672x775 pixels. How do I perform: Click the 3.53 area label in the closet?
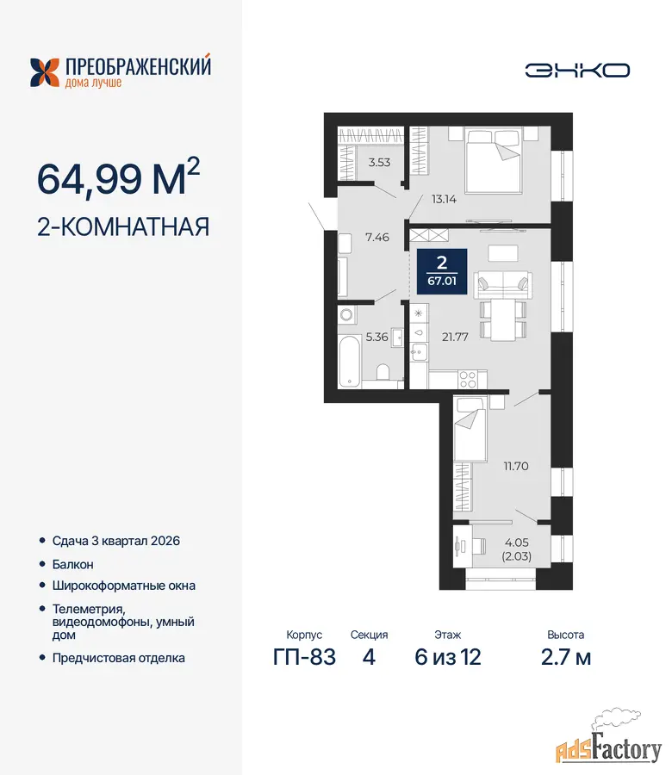pyautogui.click(x=379, y=162)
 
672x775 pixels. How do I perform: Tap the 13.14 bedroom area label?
pyautogui.click(x=444, y=199)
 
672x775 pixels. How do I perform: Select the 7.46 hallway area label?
pyautogui.click(x=377, y=238)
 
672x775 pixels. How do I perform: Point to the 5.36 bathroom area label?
pyautogui.click(x=376, y=337)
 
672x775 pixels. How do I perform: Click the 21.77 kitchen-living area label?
pyautogui.click(x=455, y=337)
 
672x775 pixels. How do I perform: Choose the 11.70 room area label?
pyautogui.click(x=516, y=466)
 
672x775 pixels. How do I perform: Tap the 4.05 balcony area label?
pyautogui.click(x=517, y=542)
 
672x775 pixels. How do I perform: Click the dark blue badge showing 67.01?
pyautogui.click(x=442, y=271)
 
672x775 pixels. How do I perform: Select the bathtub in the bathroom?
pyautogui.click(x=349, y=361)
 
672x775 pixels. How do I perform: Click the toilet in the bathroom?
pyautogui.click(x=383, y=372)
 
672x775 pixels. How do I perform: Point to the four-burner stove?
pyautogui.click(x=467, y=380)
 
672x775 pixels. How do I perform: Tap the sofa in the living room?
pyautogui.click(x=503, y=285)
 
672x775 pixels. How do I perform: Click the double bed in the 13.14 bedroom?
pyautogui.click(x=494, y=161)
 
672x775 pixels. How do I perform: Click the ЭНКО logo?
pyautogui.click(x=577, y=71)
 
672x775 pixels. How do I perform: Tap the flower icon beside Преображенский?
pyautogui.click(x=45, y=72)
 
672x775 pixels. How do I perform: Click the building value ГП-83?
pyautogui.click(x=304, y=657)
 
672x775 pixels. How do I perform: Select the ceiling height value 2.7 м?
pyautogui.click(x=566, y=657)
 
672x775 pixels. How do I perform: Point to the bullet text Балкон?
pyautogui.click(x=72, y=564)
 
